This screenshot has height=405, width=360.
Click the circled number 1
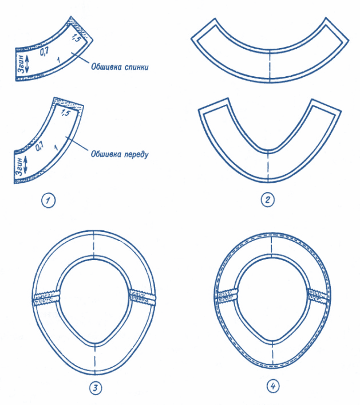click(48, 200)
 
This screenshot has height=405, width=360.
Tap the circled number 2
click(268, 200)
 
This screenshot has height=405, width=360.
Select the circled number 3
click(96, 388)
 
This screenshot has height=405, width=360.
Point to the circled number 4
click(273, 387)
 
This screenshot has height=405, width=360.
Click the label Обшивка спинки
click(120, 67)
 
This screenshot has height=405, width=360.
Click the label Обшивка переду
click(120, 154)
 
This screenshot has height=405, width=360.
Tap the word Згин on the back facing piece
click(21, 64)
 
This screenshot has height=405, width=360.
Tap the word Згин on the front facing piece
click(19, 166)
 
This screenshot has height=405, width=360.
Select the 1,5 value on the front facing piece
click(65, 113)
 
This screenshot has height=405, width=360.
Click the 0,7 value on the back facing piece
click(44, 52)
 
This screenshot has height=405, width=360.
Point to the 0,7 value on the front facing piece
click(39, 147)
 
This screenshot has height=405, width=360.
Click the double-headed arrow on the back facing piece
click(27, 64)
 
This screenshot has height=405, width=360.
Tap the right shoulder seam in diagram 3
click(143, 297)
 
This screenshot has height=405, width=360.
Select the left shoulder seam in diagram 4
click(227, 297)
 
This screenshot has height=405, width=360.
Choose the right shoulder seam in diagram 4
click(319, 295)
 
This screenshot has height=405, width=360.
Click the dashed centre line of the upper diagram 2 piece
click(270, 65)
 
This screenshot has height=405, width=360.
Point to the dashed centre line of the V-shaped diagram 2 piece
click(268, 166)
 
